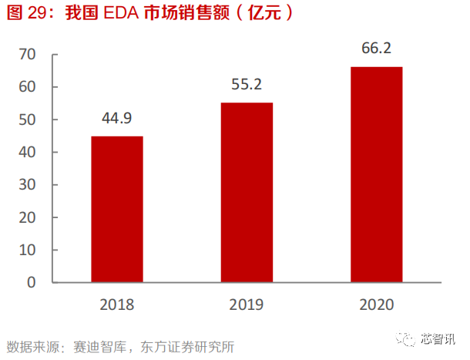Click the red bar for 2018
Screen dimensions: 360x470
(117, 209)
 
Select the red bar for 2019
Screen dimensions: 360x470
(247, 192)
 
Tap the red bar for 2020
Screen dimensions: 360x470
(376, 174)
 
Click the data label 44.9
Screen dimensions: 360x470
(117, 118)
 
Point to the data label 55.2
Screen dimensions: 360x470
(247, 84)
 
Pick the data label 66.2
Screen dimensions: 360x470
(376, 49)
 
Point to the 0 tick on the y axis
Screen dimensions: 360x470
(32, 282)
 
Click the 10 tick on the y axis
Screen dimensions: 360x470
(28, 250)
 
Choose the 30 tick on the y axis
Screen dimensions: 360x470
(28, 185)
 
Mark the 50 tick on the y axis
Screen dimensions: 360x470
(28, 119)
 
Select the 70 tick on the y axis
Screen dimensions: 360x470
(28, 55)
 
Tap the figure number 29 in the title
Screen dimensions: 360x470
(39, 15)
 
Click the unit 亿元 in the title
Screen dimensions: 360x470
(267, 15)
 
